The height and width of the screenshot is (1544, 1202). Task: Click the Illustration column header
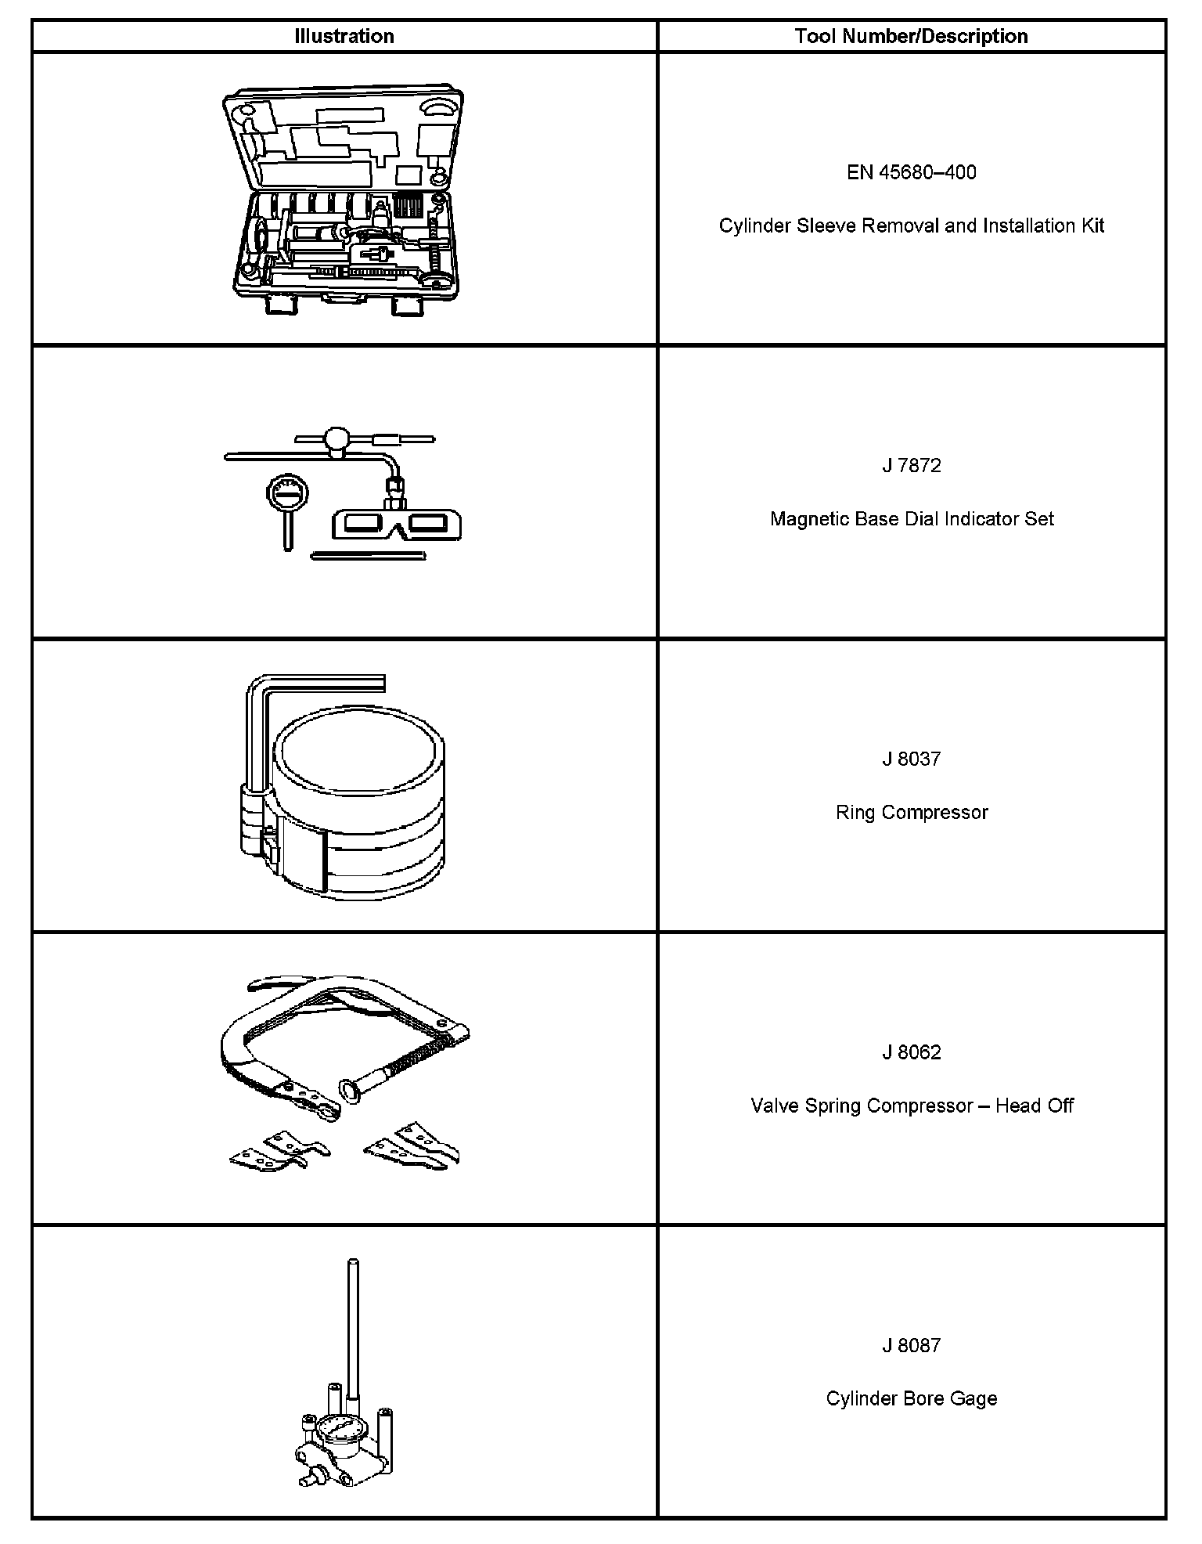tap(344, 36)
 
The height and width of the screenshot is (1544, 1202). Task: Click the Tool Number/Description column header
tap(911, 36)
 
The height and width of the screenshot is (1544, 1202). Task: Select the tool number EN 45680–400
tap(911, 172)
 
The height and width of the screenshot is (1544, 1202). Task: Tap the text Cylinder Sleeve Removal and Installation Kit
tap(911, 225)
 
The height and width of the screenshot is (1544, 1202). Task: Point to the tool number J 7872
tap(911, 466)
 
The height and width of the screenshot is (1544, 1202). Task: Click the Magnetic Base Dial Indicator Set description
tap(911, 519)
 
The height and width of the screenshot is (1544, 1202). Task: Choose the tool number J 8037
tap(911, 759)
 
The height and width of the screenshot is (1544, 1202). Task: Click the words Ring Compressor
tap(911, 812)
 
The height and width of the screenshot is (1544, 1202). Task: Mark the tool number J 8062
tap(911, 1052)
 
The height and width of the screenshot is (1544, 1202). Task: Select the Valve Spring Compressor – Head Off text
tap(911, 1106)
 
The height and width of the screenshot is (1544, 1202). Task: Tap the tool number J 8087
tap(911, 1345)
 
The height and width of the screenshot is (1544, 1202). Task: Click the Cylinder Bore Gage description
tap(911, 1398)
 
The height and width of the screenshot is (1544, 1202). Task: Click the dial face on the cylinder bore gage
tap(338, 1431)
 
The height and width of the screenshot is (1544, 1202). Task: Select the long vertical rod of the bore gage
tap(352, 1331)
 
